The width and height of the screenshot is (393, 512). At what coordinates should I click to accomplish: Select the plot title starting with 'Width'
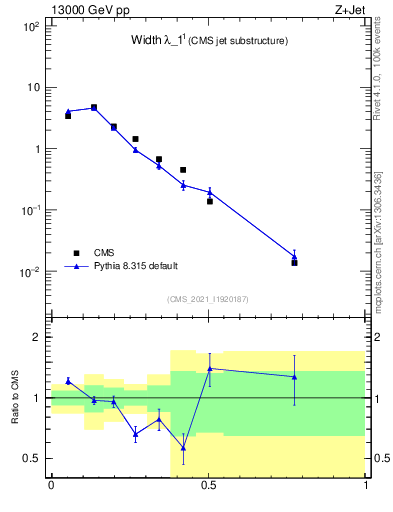(209, 41)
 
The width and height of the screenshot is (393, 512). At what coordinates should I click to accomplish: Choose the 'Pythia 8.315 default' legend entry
(135, 266)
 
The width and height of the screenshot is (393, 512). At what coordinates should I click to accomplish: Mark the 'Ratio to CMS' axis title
(14, 398)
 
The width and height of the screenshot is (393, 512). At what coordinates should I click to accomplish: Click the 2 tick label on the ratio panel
(38, 338)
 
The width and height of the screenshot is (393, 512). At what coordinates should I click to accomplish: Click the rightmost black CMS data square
(294, 262)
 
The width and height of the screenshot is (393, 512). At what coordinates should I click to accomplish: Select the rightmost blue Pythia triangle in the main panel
(294, 256)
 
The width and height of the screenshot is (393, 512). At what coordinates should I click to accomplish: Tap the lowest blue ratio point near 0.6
(183, 448)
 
